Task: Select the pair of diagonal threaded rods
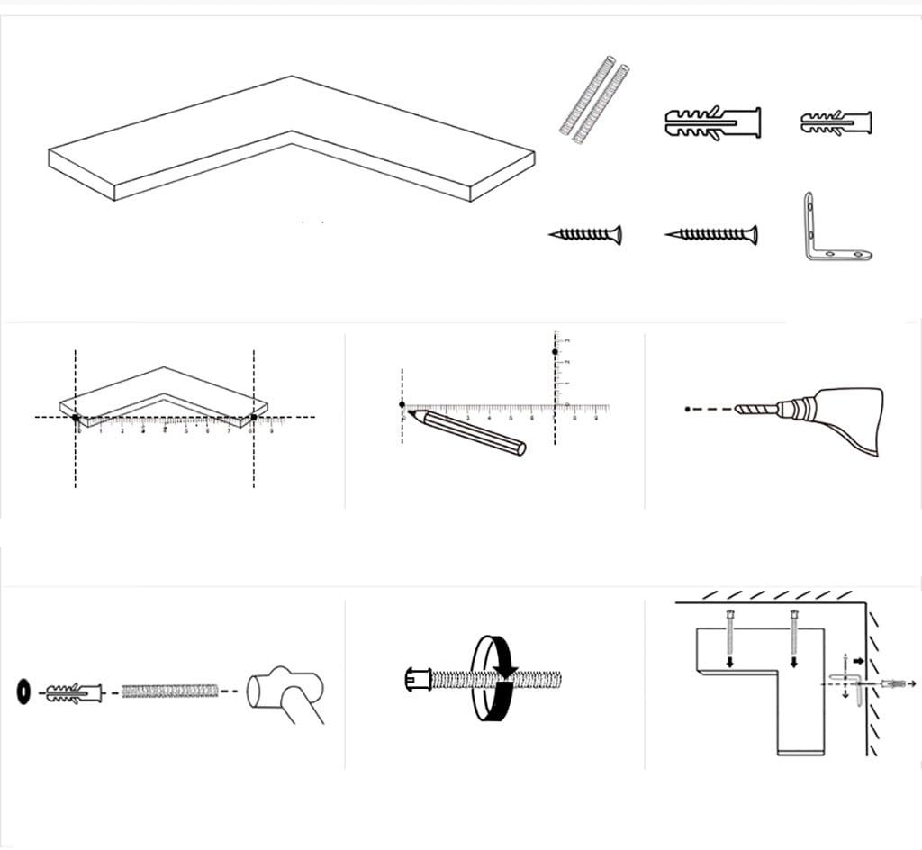pyautogui.click(x=592, y=98)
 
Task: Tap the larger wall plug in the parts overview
pyautogui.click(x=712, y=123)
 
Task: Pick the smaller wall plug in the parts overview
pyautogui.click(x=835, y=122)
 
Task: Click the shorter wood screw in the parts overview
pyautogui.click(x=585, y=235)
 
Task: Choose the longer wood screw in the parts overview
pyautogui.click(x=711, y=235)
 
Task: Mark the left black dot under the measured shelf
pyautogui.click(x=76, y=417)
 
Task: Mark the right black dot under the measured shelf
pyautogui.click(x=254, y=417)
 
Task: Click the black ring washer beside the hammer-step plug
pyautogui.click(x=23, y=691)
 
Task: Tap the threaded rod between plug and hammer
pyautogui.click(x=170, y=691)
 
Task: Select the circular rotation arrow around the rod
pyautogui.click(x=494, y=676)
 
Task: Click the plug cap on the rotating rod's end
pyautogui.click(x=416, y=678)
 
